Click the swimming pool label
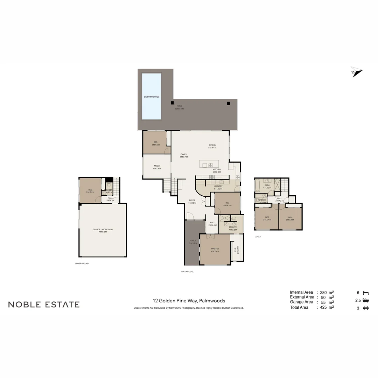click(x=152, y=97)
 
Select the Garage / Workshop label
click(x=103, y=230)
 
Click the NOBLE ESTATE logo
click(x=44, y=304)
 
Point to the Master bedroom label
click(x=215, y=249)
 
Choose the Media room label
click(x=156, y=166)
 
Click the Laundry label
click(x=218, y=186)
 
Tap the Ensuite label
click(x=233, y=227)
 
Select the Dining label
click(x=212, y=145)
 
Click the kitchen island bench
click(x=209, y=164)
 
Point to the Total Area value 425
click(x=323, y=307)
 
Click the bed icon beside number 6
click(x=366, y=292)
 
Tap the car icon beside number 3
click(x=366, y=308)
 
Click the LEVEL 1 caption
click(x=258, y=237)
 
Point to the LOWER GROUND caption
click(x=82, y=264)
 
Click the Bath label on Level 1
click(x=267, y=185)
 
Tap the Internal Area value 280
click(x=323, y=292)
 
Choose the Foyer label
click(x=192, y=201)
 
